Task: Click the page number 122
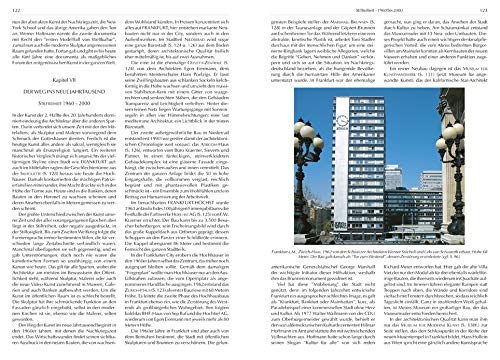(x=12, y=5)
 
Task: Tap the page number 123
(x=486, y=5)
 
